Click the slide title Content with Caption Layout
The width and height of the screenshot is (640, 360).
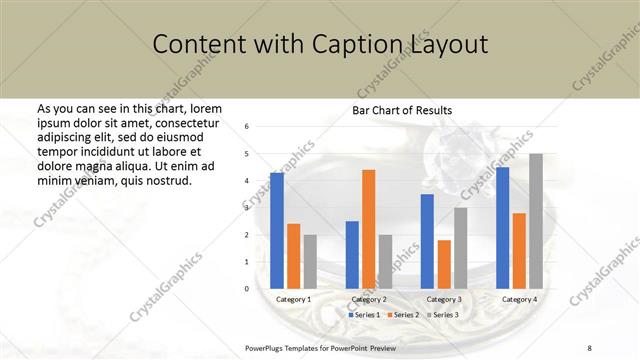tap(320, 45)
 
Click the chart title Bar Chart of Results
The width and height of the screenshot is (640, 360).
tap(401, 110)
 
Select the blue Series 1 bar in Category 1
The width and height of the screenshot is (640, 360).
tap(277, 231)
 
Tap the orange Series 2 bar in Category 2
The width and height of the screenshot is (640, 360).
tap(368, 229)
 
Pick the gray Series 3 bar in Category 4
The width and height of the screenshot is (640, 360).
tap(536, 221)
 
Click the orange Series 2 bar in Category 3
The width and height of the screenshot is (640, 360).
tap(443, 264)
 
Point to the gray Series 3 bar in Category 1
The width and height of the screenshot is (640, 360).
tap(310, 262)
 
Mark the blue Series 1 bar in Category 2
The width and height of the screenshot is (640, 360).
tap(352, 255)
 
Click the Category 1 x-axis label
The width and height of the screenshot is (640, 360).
tap(293, 299)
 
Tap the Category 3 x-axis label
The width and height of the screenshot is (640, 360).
tap(443, 299)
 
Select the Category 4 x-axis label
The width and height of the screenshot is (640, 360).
tap(519, 299)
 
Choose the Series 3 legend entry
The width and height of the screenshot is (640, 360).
tap(444, 315)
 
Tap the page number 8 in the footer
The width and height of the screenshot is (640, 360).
tap(589, 347)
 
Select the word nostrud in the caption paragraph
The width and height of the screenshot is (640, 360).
tap(169, 181)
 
